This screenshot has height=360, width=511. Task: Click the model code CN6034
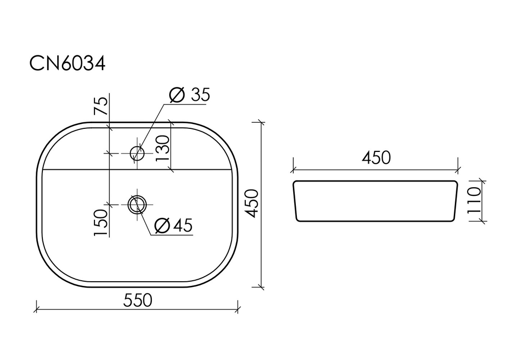pos(67,64)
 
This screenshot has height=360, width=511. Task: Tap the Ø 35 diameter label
pos(189,95)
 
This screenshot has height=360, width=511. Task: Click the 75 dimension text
pos(101,105)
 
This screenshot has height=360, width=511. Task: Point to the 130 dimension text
pos(162,148)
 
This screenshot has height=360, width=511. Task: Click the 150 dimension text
pos(101,222)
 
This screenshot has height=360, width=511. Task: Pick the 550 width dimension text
pos(137,301)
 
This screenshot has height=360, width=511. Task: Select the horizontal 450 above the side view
pos(376,158)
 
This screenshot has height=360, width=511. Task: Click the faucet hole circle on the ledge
pos(137,152)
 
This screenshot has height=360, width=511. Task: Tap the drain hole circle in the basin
pos(137,205)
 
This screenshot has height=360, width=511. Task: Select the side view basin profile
pos(375,201)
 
